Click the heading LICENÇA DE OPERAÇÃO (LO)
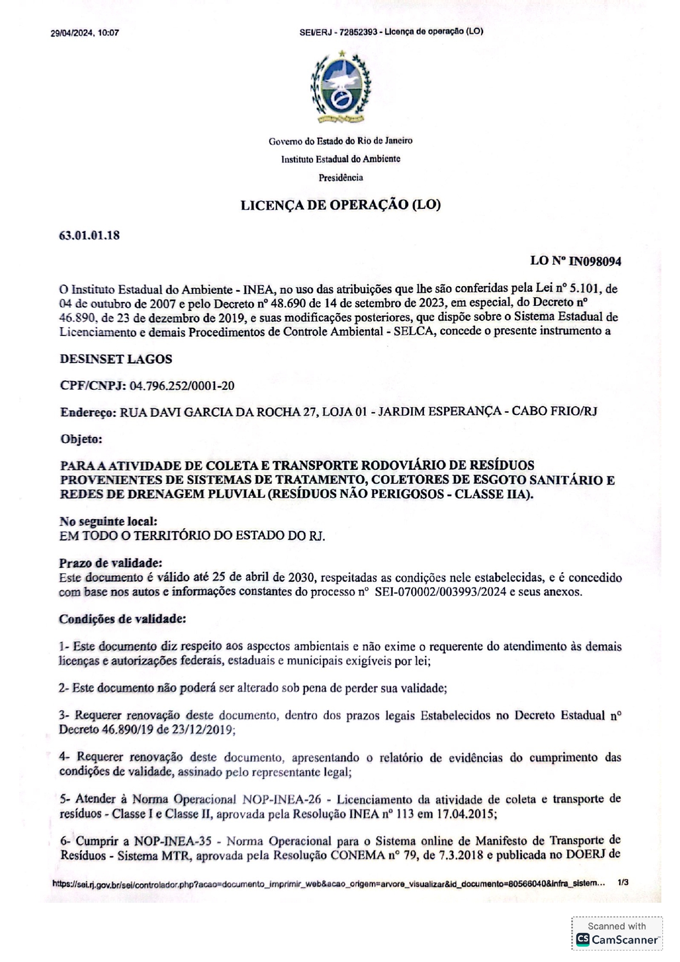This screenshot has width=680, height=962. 341,205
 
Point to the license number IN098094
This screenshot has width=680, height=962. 594,261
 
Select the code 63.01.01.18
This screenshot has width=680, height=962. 89,236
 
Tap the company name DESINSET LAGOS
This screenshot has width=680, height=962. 116,360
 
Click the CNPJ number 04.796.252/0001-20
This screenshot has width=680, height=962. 182,386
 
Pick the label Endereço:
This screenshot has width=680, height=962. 88,412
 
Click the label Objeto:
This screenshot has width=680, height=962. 81,439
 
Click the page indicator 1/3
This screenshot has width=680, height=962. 622,883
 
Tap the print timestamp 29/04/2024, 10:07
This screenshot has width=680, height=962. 85,33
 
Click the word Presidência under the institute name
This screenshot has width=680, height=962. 341,178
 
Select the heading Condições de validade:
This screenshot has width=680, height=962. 122,619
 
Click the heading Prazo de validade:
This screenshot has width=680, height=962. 111,563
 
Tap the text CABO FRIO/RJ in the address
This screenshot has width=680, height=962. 554,411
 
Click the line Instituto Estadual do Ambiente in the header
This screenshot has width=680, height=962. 341,159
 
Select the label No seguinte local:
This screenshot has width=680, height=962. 108,521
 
